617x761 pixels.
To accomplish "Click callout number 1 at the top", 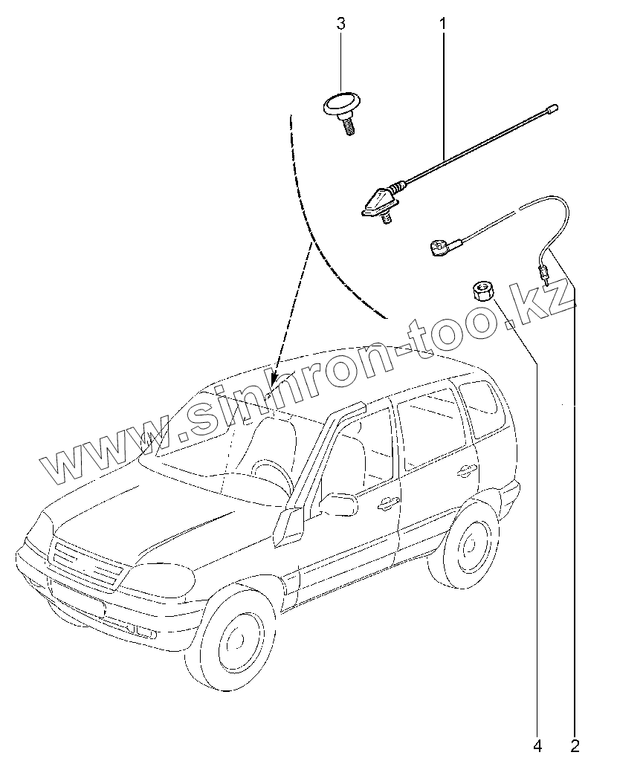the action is pyautogui.click(x=442, y=25).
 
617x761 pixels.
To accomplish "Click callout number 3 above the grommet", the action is pyautogui.click(x=341, y=25).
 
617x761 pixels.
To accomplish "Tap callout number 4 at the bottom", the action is pyautogui.click(x=537, y=744).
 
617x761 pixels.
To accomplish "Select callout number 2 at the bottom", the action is pyautogui.click(x=575, y=744).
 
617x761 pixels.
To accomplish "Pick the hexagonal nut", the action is pyautogui.click(x=482, y=289).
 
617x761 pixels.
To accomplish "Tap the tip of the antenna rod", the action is pyautogui.click(x=552, y=109).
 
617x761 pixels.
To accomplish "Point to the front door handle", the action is pyautogui.click(x=386, y=505).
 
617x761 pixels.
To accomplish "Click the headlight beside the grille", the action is pyautogui.click(x=161, y=579).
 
